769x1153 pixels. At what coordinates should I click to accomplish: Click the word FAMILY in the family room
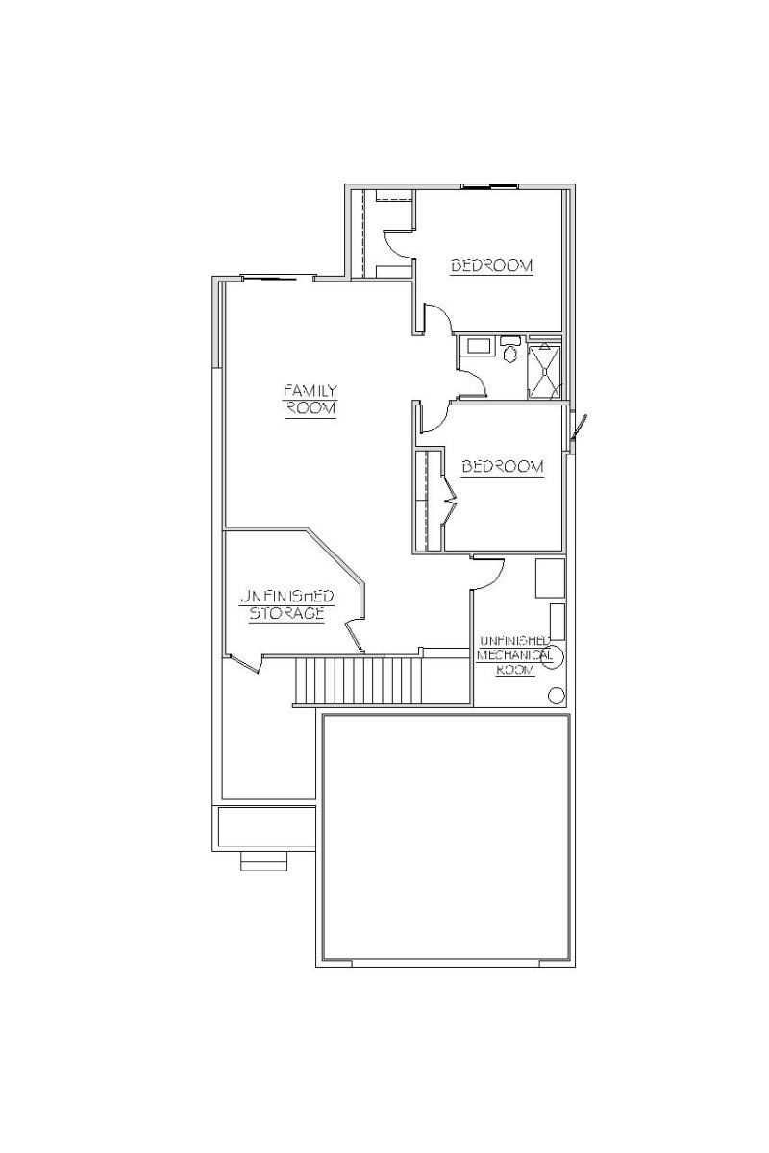(310, 391)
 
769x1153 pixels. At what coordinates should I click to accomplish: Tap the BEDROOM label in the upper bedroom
(491, 265)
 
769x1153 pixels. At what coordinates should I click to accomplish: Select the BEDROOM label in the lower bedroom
(502, 466)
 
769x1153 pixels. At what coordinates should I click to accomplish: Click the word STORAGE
(286, 613)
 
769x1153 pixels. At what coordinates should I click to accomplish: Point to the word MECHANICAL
(514, 655)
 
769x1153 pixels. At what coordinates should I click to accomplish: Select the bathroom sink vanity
(478, 344)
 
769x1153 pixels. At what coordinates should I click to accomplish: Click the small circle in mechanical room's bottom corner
(556, 696)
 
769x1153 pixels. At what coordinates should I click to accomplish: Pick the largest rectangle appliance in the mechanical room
(550, 578)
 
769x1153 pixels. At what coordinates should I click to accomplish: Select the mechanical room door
(488, 574)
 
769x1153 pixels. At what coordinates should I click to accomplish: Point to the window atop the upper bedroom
(489, 185)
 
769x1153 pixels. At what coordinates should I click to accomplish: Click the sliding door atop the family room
(278, 279)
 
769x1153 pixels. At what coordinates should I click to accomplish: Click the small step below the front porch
(263, 861)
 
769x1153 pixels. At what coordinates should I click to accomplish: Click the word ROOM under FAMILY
(310, 408)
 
